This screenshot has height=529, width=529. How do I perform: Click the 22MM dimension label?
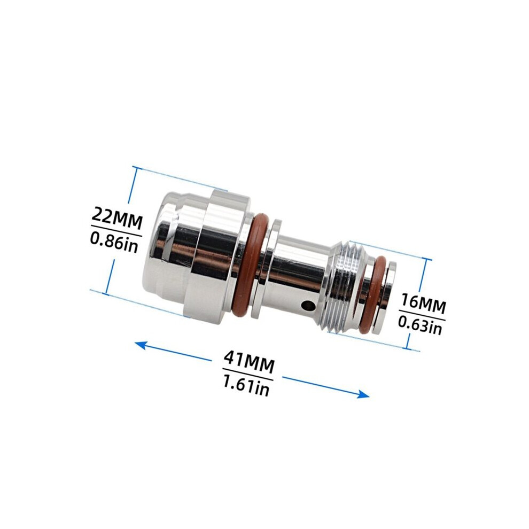116,219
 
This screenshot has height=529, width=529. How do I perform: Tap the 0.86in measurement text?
114,242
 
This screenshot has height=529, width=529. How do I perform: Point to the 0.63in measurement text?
420,324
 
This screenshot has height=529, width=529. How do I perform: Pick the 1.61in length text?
246,385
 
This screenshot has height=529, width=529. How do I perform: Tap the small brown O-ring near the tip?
374,295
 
